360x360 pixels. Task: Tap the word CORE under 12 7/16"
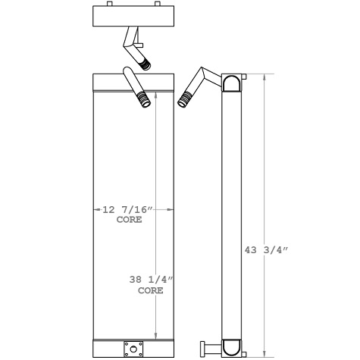(129, 220)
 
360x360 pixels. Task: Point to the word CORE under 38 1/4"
(150, 290)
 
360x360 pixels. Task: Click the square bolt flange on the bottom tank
(134, 349)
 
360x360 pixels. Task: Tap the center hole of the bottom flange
(134, 349)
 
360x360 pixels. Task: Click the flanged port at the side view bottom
(205, 349)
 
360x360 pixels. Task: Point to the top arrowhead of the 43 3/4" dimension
(264, 77)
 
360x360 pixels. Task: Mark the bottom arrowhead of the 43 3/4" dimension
(264, 354)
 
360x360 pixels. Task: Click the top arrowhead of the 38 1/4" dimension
(156, 94)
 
